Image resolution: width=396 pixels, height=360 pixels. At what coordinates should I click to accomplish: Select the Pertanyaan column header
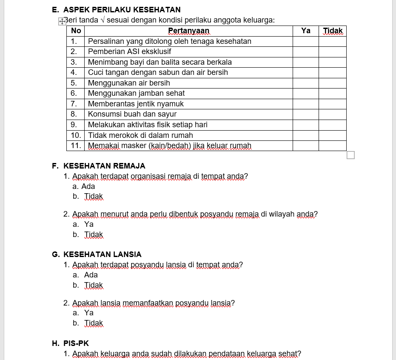pyautogui.click(x=188, y=31)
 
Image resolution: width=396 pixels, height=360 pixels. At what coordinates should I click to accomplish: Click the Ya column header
pyautogui.click(x=305, y=31)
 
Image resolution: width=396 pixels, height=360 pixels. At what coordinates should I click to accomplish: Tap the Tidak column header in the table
pyautogui.click(x=333, y=31)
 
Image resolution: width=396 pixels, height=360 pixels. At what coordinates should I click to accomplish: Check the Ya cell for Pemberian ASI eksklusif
pyautogui.click(x=305, y=51)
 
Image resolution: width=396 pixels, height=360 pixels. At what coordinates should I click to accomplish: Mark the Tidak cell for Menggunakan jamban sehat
pyautogui.click(x=333, y=93)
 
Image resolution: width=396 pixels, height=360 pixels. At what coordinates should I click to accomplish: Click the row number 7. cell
pyautogui.click(x=75, y=104)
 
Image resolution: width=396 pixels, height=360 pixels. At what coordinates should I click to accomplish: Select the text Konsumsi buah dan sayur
pyautogui.click(x=132, y=114)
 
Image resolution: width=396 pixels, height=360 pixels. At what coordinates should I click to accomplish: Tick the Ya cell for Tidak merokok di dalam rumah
pyautogui.click(x=305, y=135)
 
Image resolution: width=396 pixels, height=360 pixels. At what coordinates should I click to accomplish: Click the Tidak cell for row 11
pyautogui.click(x=333, y=146)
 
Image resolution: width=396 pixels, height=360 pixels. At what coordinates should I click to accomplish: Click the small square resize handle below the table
pyautogui.click(x=350, y=155)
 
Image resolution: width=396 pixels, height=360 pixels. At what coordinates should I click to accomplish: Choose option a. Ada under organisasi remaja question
pyautogui.click(x=84, y=186)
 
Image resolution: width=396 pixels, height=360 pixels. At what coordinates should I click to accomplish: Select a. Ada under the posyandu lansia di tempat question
pyautogui.click(x=85, y=275)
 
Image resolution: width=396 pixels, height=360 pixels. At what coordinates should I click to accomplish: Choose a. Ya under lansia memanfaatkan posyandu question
pyautogui.click(x=83, y=313)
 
